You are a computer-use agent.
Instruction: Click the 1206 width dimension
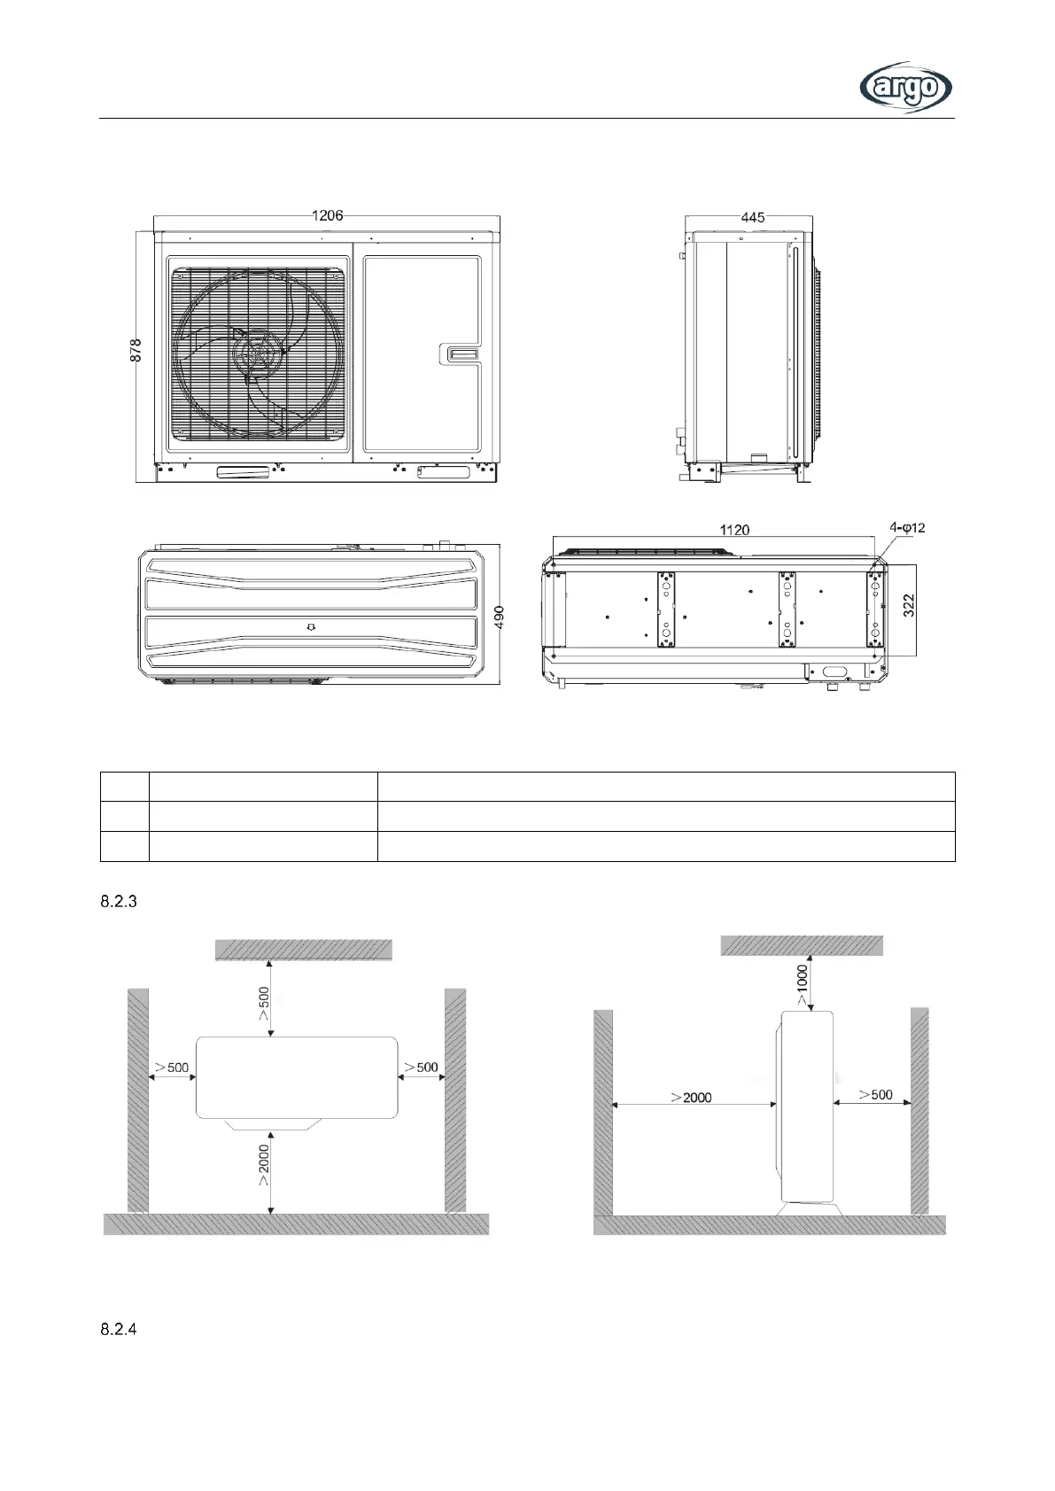point(327,214)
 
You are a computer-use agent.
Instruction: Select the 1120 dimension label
point(733,530)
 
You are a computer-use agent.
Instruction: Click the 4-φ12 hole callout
point(907,528)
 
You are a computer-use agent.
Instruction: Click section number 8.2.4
point(116,1330)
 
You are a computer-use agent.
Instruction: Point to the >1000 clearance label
point(801,983)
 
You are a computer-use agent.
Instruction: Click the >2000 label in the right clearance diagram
point(691,1097)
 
